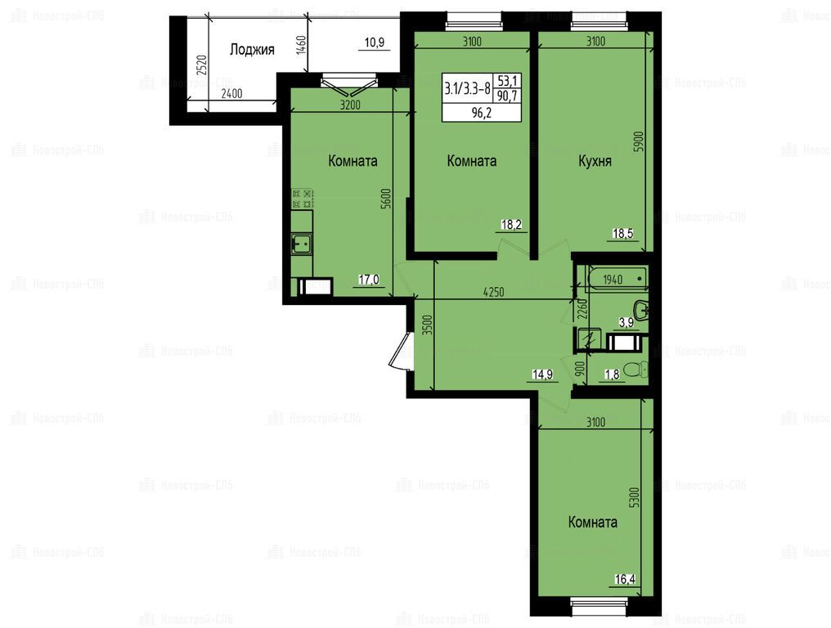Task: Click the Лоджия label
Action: coord(252,50)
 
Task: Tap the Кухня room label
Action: coord(595,161)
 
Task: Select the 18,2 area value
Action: coord(511,225)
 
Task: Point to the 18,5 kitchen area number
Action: coord(622,233)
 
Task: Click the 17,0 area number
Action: coord(369,279)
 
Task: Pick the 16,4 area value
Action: coord(625,579)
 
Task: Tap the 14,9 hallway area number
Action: coord(543,375)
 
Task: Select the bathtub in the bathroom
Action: coord(618,278)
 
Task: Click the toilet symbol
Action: coord(636,370)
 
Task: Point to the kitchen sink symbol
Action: coord(302,244)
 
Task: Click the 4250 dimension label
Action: coord(493,292)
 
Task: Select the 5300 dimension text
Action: coord(636,498)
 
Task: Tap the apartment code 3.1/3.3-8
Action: coord(468,88)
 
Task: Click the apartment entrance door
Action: coord(400,350)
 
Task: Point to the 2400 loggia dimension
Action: coord(231,94)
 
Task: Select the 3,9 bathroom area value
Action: coord(627,323)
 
